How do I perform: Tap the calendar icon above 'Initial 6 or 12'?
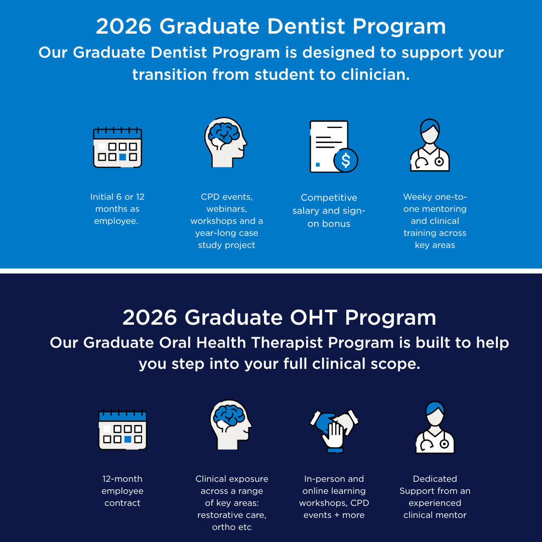point(117,148)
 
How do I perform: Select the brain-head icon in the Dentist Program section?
point(226,143)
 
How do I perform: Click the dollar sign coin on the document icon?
point(346,161)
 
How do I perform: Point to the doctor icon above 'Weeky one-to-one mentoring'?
point(430,145)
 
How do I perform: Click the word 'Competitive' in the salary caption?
point(329,198)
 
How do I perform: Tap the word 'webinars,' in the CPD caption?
point(227,209)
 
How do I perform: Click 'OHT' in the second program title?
point(314,317)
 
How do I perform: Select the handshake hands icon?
point(334,431)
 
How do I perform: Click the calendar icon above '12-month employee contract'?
point(123,430)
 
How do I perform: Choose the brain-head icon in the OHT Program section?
point(231,425)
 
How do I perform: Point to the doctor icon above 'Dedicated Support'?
point(435,427)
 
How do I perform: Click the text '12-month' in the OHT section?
point(122,479)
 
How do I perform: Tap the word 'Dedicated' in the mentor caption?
point(435,479)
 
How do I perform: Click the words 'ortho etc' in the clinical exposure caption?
point(232,527)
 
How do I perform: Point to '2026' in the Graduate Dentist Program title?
point(124,26)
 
